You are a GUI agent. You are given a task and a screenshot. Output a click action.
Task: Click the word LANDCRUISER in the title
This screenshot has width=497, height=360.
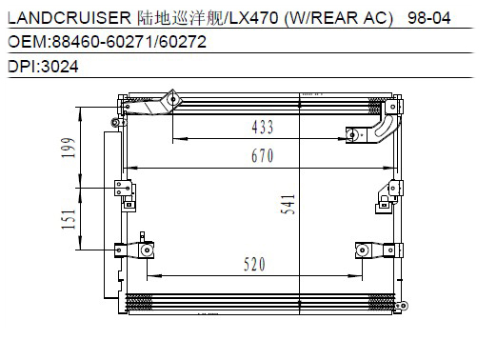coord(70,18)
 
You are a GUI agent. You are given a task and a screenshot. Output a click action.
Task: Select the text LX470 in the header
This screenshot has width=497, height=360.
coord(253,18)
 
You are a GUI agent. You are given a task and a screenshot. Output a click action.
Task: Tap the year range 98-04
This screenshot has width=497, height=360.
coord(428,18)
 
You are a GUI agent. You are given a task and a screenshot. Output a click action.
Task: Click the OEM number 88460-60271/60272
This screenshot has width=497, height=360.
coord(129,42)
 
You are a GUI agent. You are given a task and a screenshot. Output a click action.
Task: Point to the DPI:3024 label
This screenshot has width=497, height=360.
coord(43,67)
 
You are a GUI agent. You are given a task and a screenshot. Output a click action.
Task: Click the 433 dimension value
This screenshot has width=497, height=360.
coord(263,127)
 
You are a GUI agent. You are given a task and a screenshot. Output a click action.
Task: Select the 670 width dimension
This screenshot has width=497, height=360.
coord(263,155)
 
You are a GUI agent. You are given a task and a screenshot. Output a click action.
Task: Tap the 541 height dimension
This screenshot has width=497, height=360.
coord(288,205)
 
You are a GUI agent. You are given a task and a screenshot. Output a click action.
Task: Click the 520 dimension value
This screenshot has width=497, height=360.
coord(254,264)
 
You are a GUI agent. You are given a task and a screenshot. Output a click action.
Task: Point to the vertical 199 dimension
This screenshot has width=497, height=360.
coord(69,148)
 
